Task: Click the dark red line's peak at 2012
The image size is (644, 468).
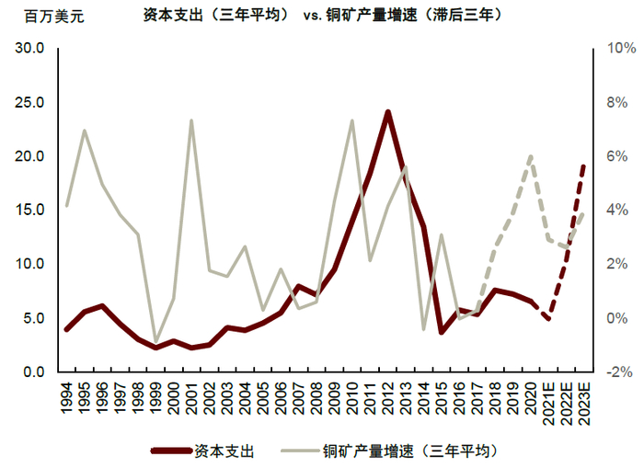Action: click(387, 112)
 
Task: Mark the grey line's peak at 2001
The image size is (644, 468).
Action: click(191, 120)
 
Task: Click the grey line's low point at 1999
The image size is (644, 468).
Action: click(155, 342)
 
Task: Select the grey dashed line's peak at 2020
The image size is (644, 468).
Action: click(530, 157)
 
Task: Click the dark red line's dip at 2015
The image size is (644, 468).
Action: click(441, 332)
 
